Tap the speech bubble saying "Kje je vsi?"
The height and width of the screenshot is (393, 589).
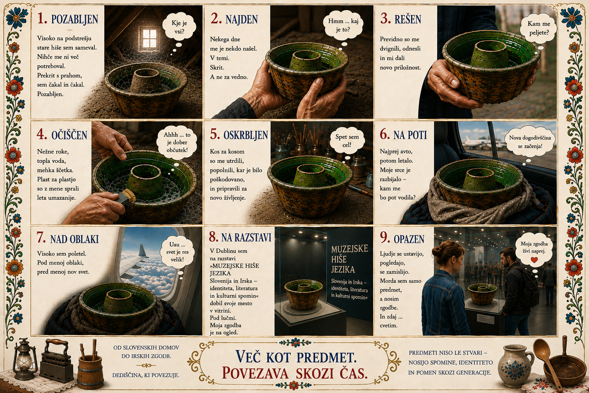[179, 26]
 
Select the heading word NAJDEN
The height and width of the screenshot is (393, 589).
[242, 19]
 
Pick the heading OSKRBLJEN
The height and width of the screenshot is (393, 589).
[245, 135]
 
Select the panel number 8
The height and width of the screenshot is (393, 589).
[214, 237]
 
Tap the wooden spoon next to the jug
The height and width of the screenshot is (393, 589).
[546, 363]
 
